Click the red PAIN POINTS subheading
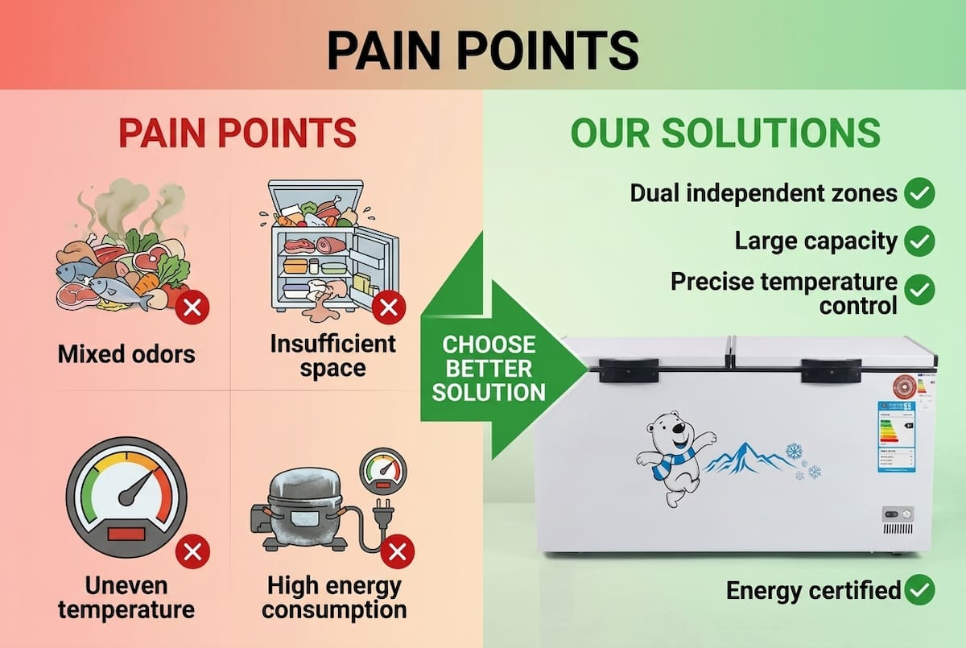point(237,133)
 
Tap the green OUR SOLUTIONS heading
point(724,133)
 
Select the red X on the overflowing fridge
point(390,307)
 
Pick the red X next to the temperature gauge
point(192,552)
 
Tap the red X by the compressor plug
point(396,552)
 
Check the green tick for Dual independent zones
point(919,193)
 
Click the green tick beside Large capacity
point(919,240)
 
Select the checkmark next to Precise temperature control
point(919,290)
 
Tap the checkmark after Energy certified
point(919,590)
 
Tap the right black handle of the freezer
point(831,370)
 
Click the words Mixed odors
point(126,353)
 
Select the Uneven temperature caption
point(126,597)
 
